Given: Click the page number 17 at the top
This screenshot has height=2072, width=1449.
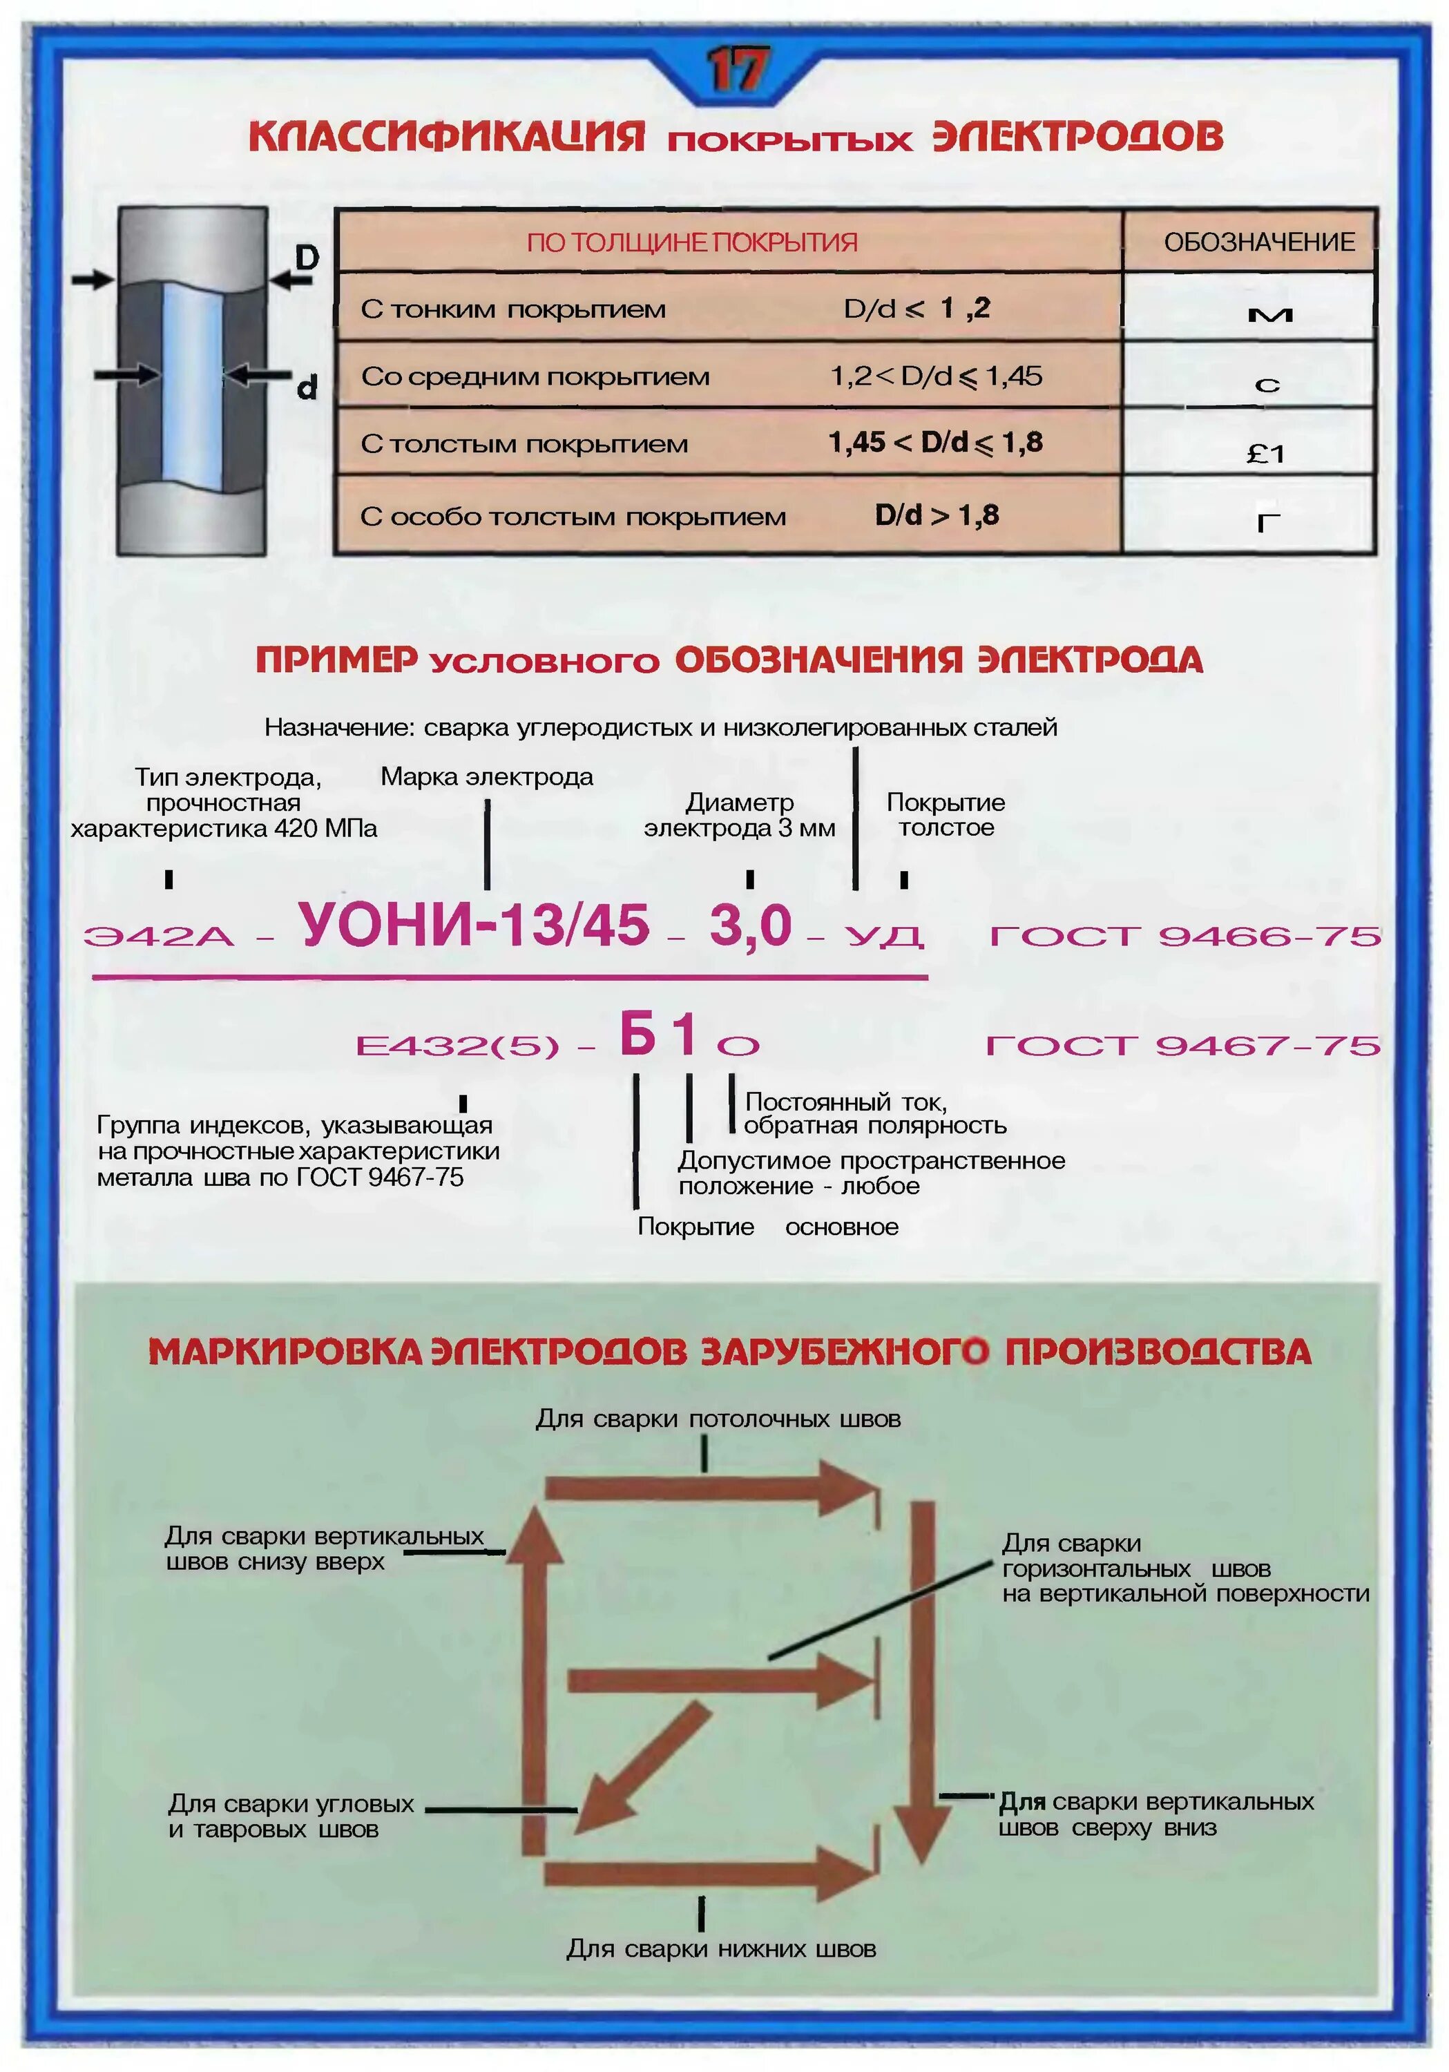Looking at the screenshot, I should (737, 70).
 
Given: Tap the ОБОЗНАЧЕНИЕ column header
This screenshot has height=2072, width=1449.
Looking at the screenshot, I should (1258, 242).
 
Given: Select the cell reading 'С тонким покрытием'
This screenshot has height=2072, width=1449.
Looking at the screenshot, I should (512, 309).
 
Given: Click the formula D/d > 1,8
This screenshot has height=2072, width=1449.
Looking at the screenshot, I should (937, 515).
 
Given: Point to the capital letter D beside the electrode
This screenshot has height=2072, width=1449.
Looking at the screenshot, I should (307, 257).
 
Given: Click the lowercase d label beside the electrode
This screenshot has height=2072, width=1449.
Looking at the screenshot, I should (307, 388).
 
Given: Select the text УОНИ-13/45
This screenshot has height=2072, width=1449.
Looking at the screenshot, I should (474, 925).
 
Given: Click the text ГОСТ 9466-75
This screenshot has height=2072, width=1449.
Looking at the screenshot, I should (1184, 936).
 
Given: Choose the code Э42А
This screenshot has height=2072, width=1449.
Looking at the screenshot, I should (159, 936).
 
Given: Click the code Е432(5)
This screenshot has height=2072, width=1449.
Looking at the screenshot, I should (457, 1046).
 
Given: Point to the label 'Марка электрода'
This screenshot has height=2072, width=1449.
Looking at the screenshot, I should (486, 777).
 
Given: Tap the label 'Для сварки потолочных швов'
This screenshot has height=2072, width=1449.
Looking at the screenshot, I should (718, 1419).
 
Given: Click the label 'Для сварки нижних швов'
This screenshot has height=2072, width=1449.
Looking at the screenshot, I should (721, 1948).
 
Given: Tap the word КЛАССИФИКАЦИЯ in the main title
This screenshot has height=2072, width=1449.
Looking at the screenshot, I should (447, 136).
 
